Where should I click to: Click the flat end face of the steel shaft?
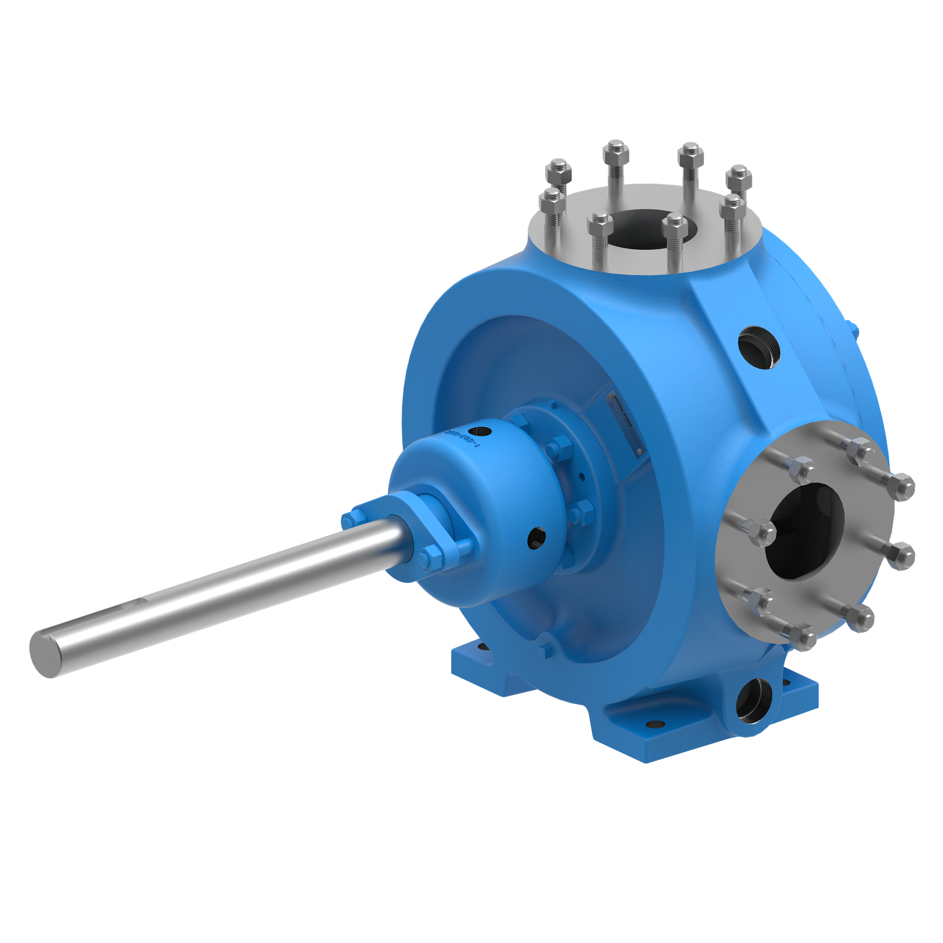(x=45, y=653)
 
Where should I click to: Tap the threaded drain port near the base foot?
(x=753, y=701)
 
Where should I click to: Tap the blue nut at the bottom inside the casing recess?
(x=547, y=650)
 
